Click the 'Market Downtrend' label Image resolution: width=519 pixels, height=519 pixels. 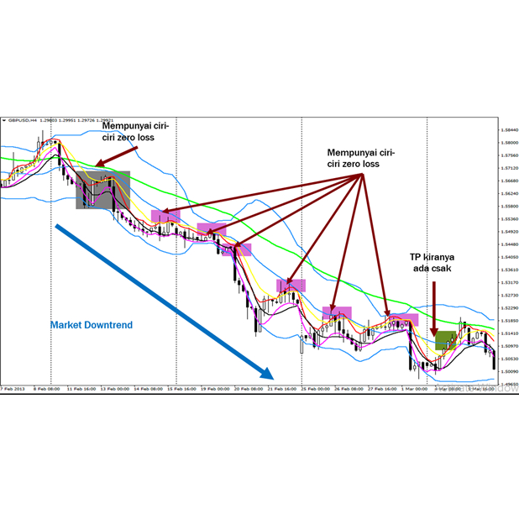click(x=91, y=324)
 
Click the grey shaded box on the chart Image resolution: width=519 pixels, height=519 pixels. click(x=103, y=190)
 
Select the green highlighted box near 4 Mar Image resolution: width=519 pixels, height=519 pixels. click(x=446, y=340)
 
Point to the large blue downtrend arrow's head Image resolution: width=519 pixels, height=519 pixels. click(x=269, y=375)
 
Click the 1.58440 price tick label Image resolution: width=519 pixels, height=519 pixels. click(x=507, y=131)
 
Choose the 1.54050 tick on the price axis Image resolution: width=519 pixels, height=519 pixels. click(x=507, y=257)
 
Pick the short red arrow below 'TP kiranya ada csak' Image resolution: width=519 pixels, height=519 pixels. click(x=434, y=307)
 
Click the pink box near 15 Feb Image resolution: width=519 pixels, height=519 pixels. click(x=165, y=216)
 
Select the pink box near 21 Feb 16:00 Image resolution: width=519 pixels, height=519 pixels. click(x=291, y=286)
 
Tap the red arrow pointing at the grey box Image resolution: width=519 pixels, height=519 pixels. click(x=115, y=156)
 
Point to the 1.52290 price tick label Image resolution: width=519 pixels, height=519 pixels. click(x=507, y=307)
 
